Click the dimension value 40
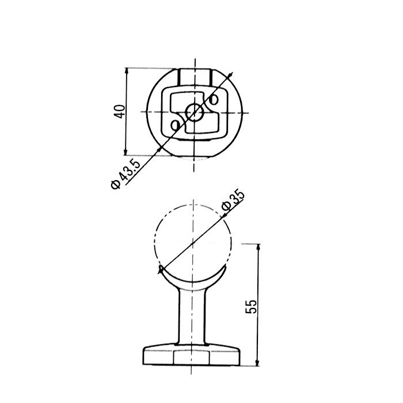coord(120,112)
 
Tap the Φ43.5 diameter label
coord(126,174)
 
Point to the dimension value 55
coord(251,306)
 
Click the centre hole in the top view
coord(195,112)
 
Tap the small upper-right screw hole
coord(214,99)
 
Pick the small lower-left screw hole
coord(175,126)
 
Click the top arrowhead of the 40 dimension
coord(126,72)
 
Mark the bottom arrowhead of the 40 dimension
coord(126,151)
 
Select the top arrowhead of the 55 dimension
coord(258,248)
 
